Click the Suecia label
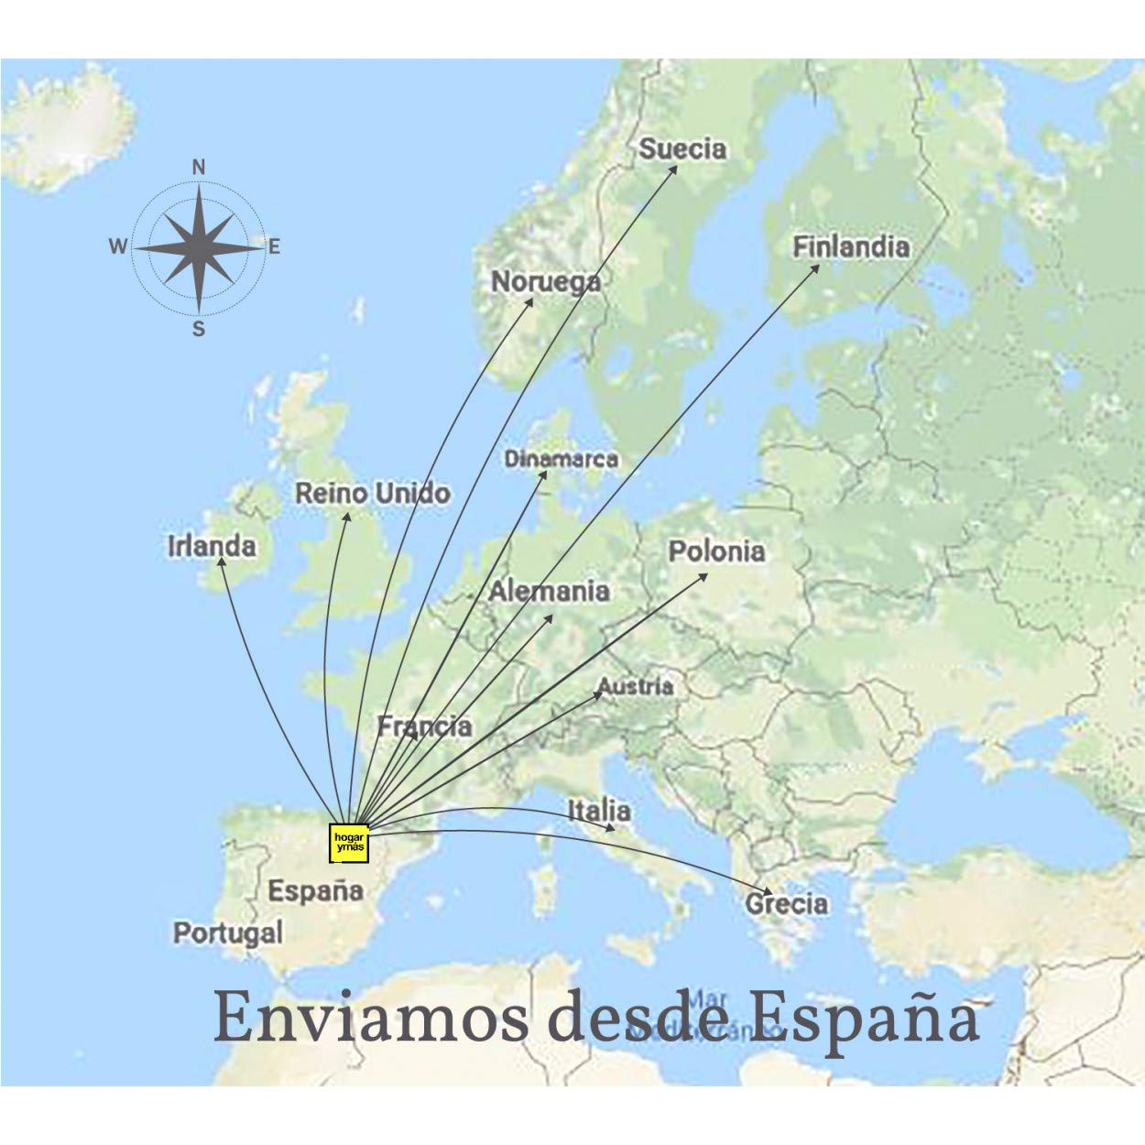point(682,148)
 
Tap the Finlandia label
point(851,247)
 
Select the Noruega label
point(546,281)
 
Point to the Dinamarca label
point(562,459)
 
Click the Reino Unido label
point(373,494)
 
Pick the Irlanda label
point(212,547)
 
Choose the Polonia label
point(716,551)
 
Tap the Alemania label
point(549,592)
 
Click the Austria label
point(636,686)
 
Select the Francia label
point(425,727)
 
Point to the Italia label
point(599,811)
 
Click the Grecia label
point(787,904)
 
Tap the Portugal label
point(228,933)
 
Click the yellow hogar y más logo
point(349,844)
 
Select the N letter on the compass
point(199,168)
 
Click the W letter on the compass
point(118,246)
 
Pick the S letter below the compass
point(199,330)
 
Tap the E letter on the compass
point(274,246)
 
